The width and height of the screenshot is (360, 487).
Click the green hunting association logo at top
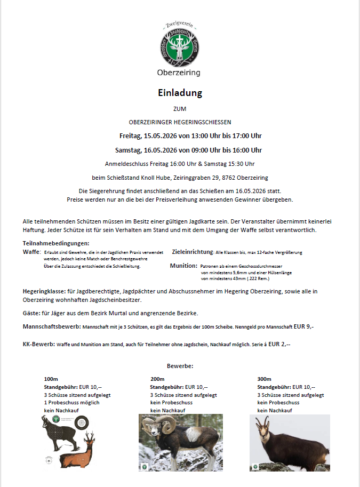[179, 45]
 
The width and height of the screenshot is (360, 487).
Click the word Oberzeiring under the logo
[179, 73]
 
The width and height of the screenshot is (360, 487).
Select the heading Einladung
[180, 92]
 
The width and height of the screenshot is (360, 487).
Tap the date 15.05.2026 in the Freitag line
[161, 135]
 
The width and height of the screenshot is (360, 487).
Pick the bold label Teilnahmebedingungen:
[56, 243]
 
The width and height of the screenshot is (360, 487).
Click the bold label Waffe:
[31, 251]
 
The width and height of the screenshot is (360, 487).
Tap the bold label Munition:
[183, 265]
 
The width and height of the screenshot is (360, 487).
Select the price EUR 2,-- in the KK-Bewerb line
[279, 345]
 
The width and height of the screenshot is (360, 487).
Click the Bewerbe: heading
[180, 366]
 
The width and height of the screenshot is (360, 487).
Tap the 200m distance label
[157, 379]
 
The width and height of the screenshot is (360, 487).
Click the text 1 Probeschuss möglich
[71, 402]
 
